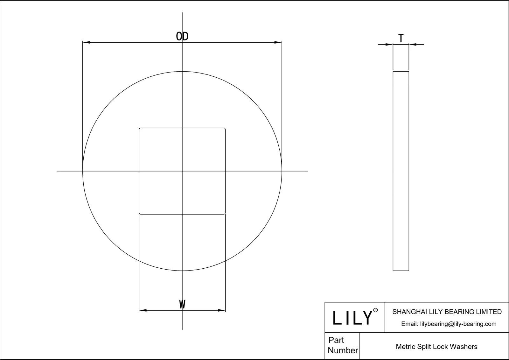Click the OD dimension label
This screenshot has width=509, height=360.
(182, 36)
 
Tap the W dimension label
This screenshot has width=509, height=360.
(182, 304)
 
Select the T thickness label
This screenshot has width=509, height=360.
(401, 38)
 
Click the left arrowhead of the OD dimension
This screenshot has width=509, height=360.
(86, 42)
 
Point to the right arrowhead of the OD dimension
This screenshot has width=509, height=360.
(278, 42)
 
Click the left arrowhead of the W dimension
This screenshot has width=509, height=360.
(143, 310)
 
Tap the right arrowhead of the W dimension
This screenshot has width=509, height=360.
(221, 310)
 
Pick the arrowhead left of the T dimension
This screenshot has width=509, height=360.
(389, 45)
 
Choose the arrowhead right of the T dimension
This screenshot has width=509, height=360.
(413, 45)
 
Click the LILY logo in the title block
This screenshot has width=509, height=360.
(352, 318)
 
